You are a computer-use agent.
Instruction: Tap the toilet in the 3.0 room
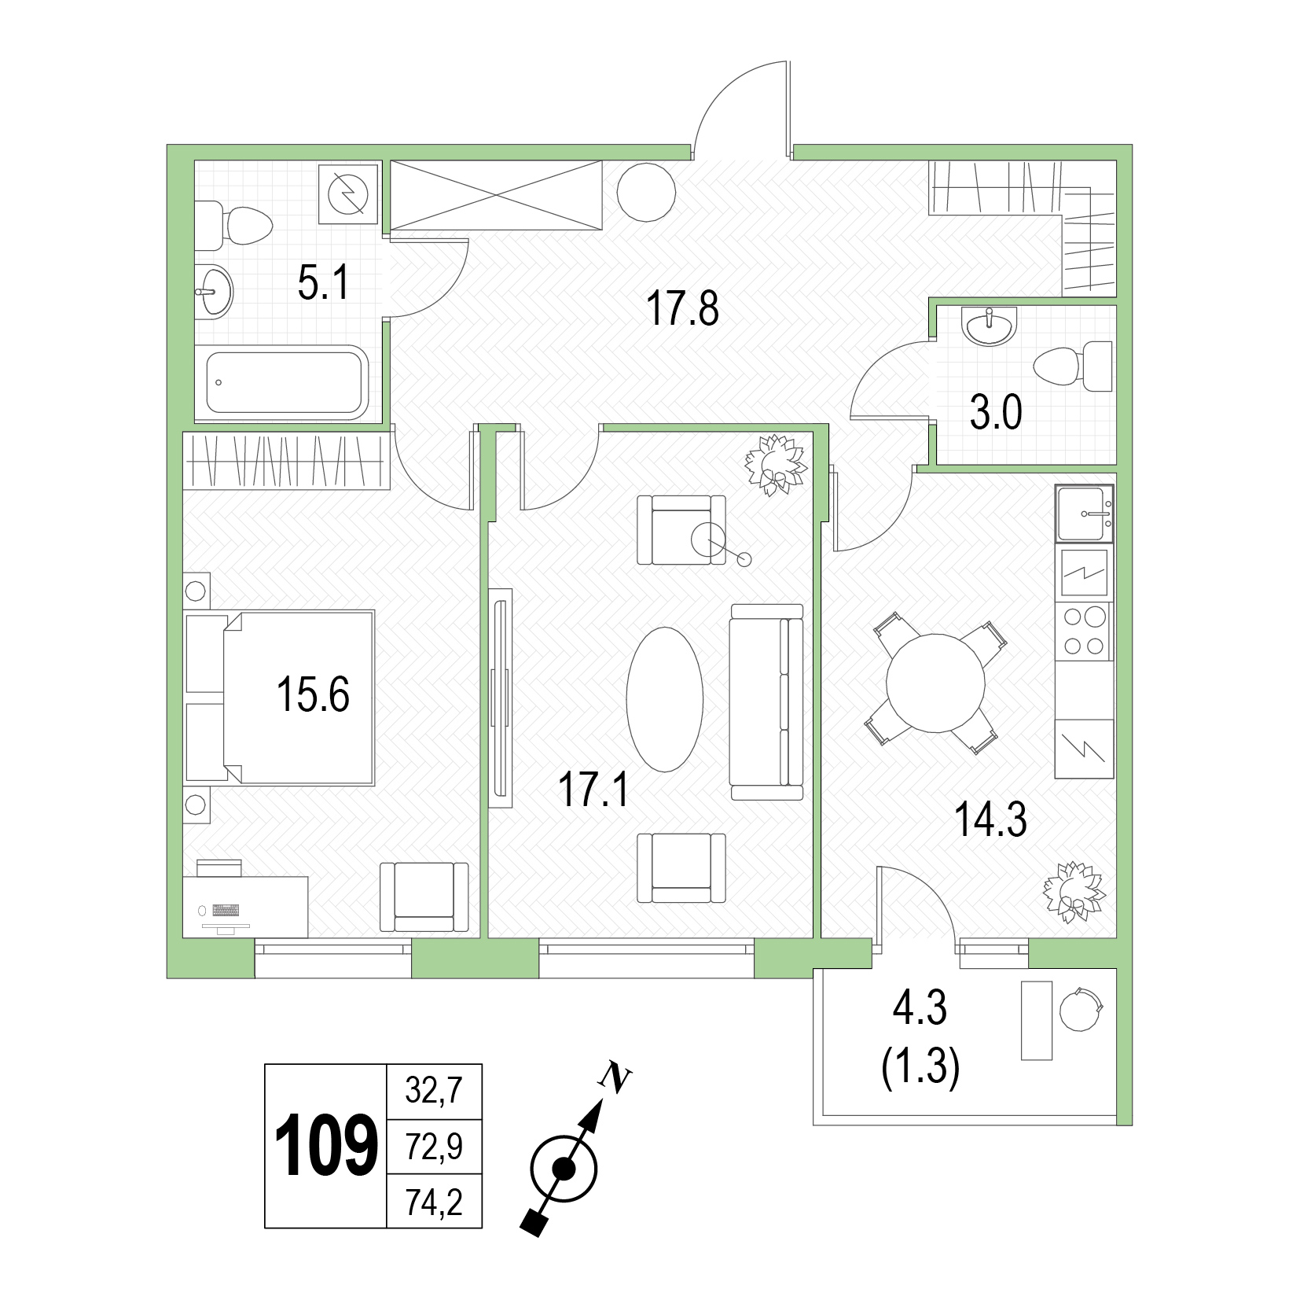(x=1074, y=366)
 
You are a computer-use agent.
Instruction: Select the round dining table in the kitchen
(x=935, y=683)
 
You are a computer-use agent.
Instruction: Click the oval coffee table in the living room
(x=664, y=699)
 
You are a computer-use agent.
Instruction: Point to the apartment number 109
(x=324, y=1146)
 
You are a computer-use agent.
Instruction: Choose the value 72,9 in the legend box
(x=434, y=1146)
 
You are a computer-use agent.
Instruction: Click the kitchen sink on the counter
(x=1084, y=514)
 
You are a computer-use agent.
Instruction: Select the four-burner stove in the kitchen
(x=1084, y=632)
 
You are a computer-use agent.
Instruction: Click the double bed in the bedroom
(x=279, y=698)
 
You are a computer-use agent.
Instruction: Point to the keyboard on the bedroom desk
(x=225, y=910)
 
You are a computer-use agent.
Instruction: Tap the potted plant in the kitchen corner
(x=1073, y=892)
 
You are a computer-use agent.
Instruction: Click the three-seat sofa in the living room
(x=766, y=702)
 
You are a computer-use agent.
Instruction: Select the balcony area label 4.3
(x=920, y=1009)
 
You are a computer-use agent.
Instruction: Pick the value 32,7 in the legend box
(x=434, y=1091)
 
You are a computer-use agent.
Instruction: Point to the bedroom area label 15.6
(x=313, y=695)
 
